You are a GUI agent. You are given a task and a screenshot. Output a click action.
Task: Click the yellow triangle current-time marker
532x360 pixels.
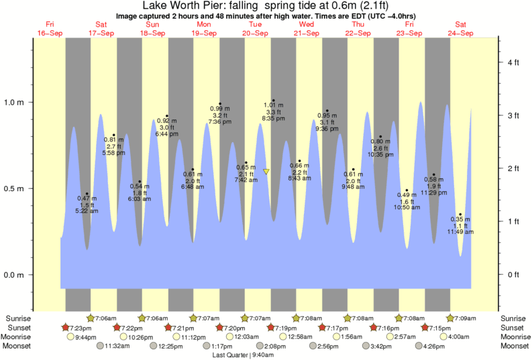(266, 172)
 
